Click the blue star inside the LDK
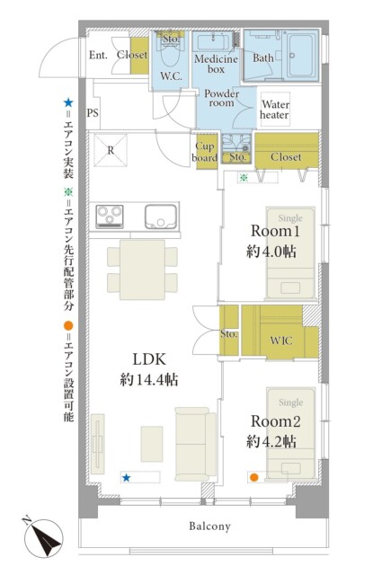(x=126, y=477)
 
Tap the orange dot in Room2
(x=254, y=477)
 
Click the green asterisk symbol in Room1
(x=244, y=178)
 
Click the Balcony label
(x=209, y=526)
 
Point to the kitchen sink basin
(x=161, y=217)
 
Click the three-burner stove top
(x=110, y=217)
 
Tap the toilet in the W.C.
(x=171, y=57)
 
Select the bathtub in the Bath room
(x=302, y=56)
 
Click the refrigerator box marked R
(x=111, y=150)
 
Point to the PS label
(x=93, y=113)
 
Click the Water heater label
(x=275, y=110)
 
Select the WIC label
(x=281, y=341)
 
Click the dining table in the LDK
(x=142, y=270)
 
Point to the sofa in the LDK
(x=196, y=444)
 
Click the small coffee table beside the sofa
(x=152, y=444)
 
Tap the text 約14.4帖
(x=149, y=380)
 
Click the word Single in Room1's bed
(x=290, y=218)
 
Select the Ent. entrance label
(x=98, y=55)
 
